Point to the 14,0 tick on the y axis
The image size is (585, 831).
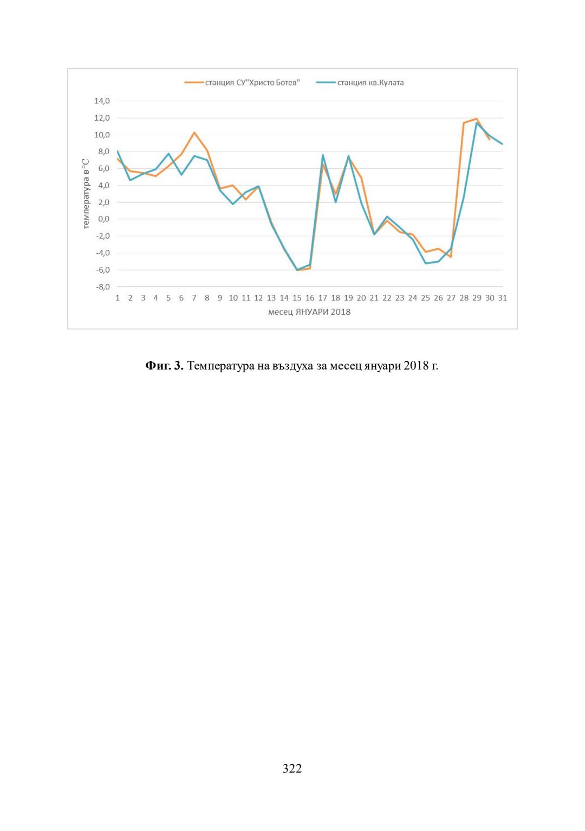pyautogui.click(x=102, y=101)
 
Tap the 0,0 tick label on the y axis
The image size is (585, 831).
pyautogui.click(x=103, y=219)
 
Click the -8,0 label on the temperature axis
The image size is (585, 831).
pyautogui.click(x=103, y=287)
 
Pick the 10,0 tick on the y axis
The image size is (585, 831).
pyautogui.click(x=102, y=135)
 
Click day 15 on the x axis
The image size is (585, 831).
pyautogui.click(x=297, y=298)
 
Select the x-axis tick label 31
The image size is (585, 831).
pyautogui.click(x=503, y=298)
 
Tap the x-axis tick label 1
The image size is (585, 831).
pyautogui.click(x=118, y=298)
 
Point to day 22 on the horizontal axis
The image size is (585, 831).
pyautogui.click(x=387, y=298)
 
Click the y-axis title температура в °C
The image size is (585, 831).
pyautogui.click(x=86, y=194)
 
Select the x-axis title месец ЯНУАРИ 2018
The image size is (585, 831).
pyautogui.click(x=309, y=312)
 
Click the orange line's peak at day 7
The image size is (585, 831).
pyautogui.click(x=194, y=133)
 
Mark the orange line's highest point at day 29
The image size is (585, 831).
pyautogui.click(x=477, y=118)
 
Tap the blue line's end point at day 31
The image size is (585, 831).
pyautogui.click(x=502, y=144)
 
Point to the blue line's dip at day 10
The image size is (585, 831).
pyautogui.click(x=233, y=204)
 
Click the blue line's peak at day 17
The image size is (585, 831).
pyautogui.click(x=323, y=155)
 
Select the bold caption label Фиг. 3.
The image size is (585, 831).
pyautogui.click(x=165, y=366)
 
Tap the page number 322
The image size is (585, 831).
pyautogui.click(x=292, y=769)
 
